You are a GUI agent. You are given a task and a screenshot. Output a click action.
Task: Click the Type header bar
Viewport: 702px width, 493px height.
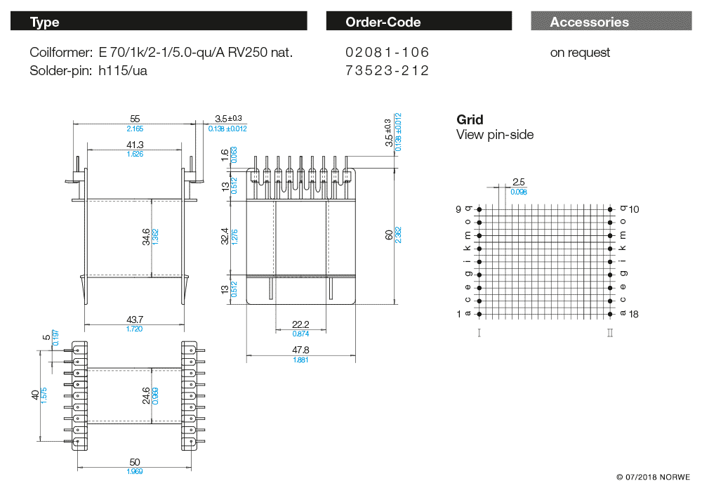(159, 22)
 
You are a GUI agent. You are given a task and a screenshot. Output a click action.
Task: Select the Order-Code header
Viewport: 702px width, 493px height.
(418, 22)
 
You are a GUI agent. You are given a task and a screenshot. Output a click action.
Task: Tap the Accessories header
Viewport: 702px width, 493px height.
(609, 22)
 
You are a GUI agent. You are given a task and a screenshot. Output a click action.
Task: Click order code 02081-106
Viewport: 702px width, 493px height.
(387, 53)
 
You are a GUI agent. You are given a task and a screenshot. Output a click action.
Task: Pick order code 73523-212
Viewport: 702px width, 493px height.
(387, 70)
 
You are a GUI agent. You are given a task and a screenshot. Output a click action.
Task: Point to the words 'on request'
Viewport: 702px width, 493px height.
(580, 53)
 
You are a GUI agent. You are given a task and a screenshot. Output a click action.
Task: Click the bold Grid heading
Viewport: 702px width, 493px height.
(470, 119)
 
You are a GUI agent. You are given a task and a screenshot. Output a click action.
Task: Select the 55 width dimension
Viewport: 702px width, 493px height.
(135, 119)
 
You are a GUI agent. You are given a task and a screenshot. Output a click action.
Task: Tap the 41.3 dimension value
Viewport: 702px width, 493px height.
(135, 145)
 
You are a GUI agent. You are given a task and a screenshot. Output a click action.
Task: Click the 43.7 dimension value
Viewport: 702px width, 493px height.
(135, 320)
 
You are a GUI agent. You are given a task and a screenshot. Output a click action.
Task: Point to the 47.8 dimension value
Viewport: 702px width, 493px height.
(300, 350)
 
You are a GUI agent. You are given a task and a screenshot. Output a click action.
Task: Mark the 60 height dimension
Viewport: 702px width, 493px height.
(390, 235)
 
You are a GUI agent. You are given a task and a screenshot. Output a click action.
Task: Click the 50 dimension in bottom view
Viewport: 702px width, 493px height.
(135, 461)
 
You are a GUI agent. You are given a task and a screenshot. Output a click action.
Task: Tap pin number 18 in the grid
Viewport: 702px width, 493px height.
(633, 314)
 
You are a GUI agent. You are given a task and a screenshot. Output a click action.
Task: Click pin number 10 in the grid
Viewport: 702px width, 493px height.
(634, 209)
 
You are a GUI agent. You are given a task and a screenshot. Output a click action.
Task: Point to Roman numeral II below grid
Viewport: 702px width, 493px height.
(610, 332)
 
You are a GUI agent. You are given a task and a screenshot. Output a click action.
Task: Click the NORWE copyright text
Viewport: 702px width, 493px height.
(653, 478)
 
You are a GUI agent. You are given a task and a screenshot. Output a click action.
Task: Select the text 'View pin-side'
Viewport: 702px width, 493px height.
(495, 135)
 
